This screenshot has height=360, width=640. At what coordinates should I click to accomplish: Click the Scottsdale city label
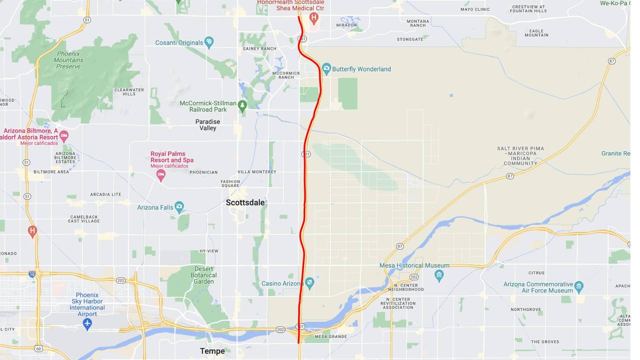click(x=245, y=202)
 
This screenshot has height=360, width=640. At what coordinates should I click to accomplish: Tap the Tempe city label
click(x=212, y=351)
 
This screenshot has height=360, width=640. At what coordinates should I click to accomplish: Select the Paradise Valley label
click(x=208, y=125)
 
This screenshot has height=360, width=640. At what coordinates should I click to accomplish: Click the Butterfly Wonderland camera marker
click(x=326, y=68)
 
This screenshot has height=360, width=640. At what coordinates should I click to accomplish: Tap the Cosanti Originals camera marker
click(x=209, y=42)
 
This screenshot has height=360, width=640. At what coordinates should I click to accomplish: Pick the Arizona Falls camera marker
click(x=179, y=207)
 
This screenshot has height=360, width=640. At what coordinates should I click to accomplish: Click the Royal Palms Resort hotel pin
click(x=160, y=174)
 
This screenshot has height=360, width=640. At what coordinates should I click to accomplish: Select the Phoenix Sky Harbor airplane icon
click(x=87, y=323)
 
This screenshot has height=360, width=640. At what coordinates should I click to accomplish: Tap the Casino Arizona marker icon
click(x=309, y=283)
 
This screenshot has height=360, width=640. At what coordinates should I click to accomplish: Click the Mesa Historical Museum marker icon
click(x=439, y=275)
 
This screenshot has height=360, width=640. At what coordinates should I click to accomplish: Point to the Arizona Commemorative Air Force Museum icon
click(x=578, y=287)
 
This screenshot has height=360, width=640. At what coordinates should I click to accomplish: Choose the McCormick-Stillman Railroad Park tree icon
click(x=242, y=106)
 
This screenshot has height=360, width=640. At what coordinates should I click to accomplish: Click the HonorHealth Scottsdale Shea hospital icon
click(x=314, y=19)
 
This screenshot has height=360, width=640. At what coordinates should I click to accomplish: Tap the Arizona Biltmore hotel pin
click(x=63, y=135)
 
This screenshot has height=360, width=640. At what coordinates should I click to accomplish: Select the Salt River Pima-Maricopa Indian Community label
click(x=520, y=156)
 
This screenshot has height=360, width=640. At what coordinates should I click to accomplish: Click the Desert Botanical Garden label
click(x=204, y=275)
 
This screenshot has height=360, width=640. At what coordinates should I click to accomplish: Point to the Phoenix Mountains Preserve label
click(x=68, y=60)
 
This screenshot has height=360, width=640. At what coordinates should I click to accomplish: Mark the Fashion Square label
click(x=230, y=183)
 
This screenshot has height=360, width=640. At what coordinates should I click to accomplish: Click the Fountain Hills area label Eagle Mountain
click(x=536, y=33)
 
